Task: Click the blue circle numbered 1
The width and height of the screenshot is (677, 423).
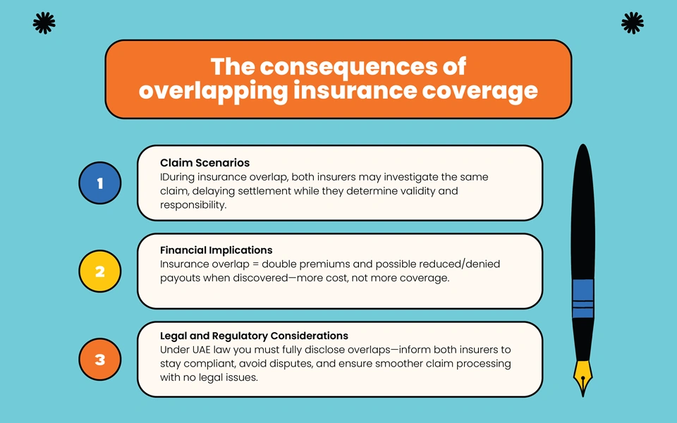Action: [99, 183]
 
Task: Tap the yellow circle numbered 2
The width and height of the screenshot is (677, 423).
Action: [99, 271]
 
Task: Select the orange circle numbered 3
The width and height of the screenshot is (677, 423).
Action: [99, 359]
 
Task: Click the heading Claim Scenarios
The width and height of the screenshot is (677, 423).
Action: [205, 163]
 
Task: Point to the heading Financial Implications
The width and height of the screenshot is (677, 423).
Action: [216, 250]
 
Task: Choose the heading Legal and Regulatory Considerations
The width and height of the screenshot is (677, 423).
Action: [254, 336]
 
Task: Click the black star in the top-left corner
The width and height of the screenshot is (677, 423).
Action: [44, 23]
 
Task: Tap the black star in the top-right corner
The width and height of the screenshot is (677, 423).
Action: [633, 23]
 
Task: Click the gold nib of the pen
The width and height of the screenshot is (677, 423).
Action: [583, 378]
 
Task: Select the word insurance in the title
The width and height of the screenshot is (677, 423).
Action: [355, 91]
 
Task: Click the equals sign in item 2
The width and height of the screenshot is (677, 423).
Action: [255, 264]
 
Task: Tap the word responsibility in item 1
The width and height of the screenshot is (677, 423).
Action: [193, 205]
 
